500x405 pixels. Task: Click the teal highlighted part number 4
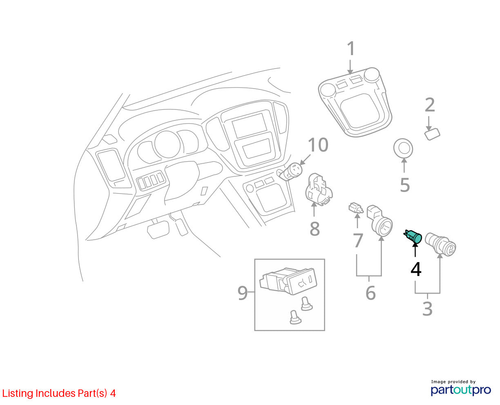[x=413, y=236]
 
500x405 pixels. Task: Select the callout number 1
[x=351, y=49]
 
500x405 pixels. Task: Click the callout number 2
[x=430, y=105]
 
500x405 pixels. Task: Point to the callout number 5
[x=405, y=185]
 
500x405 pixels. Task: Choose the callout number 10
[x=318, y=145]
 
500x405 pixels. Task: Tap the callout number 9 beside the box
[x=243, y=293]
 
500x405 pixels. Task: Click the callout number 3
[x=427, y=309]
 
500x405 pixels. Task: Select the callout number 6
[x=371, y=293]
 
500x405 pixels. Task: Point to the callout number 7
[x=358, y=240]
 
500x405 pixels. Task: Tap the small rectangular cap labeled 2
[x=432, y=134]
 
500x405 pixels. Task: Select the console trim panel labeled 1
[x=355, y=102]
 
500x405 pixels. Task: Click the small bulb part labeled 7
[x=356, y=208]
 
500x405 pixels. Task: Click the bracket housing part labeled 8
[x=319, y=189]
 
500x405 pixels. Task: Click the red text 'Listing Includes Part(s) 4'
[x=59, y=394]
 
